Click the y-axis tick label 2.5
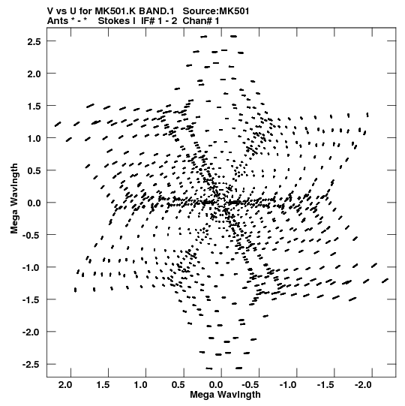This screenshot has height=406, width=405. (x=34, y=41)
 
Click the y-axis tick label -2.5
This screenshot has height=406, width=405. (x=31, y=365)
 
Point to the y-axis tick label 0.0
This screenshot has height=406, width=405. (x=34, y=203)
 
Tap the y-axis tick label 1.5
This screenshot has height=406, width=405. (x=34, y=106)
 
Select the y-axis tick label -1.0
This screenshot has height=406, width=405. (x=31, y=267)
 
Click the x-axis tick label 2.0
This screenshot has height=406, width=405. (x=65, y=385)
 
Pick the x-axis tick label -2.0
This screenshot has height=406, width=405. (x=363, y=385)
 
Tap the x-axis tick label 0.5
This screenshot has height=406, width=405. (x=178, y=385)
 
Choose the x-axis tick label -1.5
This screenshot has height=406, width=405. (x=325, y=385)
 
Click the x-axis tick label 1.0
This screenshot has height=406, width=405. (x=140, y=385)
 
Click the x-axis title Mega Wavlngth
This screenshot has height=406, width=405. (x=225, y=395)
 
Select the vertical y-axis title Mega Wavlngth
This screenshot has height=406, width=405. (x=14, y=199)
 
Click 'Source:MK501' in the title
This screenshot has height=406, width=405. (x=216, y=11)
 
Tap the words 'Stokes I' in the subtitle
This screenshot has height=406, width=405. (x=117, y=21)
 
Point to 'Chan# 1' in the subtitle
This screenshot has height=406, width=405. (x=201, y=21)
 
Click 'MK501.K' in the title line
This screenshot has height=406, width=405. (x=115, y=11)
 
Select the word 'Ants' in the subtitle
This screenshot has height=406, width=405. (x=58, y=21)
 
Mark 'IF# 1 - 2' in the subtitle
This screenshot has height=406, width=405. (x=159, y=21)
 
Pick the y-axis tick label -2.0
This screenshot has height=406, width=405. (x=31, y=332)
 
